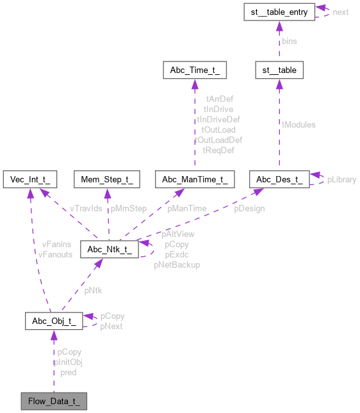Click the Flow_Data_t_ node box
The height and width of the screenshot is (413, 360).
[53, 402]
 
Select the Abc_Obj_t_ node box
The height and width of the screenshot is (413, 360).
[53, 321]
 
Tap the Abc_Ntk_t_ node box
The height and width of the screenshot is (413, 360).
[107, 248]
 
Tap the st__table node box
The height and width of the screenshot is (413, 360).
[279, 69]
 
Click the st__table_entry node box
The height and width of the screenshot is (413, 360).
[279, 12]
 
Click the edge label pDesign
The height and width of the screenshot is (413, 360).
[249, 208]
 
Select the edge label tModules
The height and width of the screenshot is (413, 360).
[299, 125]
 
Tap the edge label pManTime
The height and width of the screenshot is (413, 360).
[186, 208]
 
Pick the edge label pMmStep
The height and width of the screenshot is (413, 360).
[129, 208]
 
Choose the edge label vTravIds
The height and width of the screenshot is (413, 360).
[86, 208]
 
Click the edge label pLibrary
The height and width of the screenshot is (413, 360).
[341, 180]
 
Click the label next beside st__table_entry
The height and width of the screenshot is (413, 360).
[340, 12]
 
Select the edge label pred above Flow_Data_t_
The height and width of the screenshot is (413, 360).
[69, 372]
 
